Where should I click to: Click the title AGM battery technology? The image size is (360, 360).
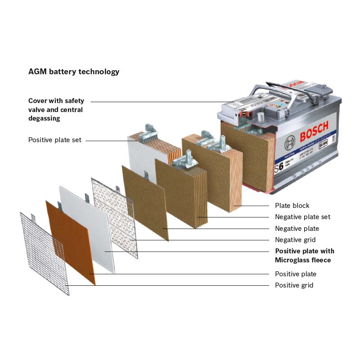tap(74, 72)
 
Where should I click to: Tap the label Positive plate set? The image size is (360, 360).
tap(55, 140)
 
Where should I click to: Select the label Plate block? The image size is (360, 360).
tap(292, 206)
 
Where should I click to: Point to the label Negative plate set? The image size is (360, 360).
tap(302, 217)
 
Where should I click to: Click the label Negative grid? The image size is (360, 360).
tap(295, 240)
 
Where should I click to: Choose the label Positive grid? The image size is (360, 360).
tap(294, 285)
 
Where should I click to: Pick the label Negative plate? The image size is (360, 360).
tap(297, 229)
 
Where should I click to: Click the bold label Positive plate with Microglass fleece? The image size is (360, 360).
tap(305, 256)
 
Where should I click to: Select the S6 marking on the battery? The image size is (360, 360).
tap(279, 166)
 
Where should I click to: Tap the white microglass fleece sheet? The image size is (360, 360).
tap(88, 225)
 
